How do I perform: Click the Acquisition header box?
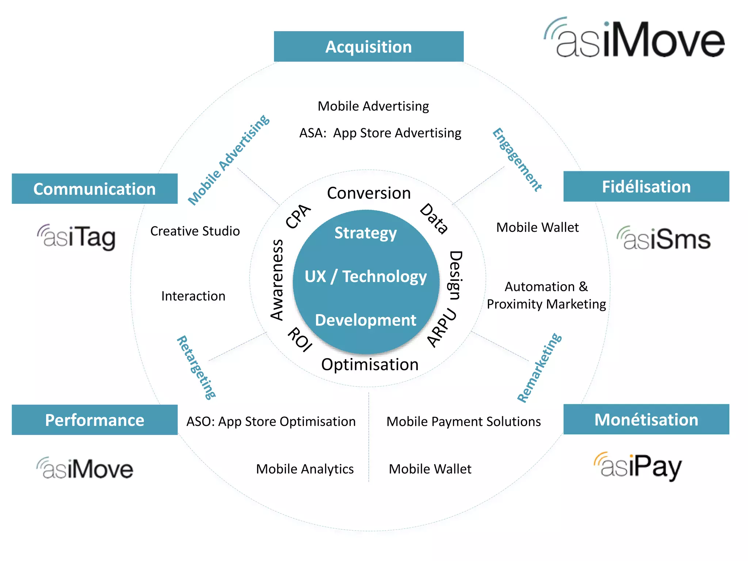[x=369, y=47]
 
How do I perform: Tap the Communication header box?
[x=95, y=189]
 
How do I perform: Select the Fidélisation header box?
[x=646, y=187]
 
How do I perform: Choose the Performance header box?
[x=95, y=420]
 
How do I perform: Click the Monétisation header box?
[x=646, y=420]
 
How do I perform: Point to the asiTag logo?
[x=77, y=237]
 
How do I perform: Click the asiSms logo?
[x=664, y=239]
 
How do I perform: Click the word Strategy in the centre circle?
[x=366, y=233]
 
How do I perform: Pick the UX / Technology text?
[x=366, y=276]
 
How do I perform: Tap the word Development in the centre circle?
[x=366, y=320]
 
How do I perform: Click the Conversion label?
[x=369, y=193]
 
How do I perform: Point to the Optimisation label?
[x=370, y=365]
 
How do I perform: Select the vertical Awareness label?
[x=277, y=280]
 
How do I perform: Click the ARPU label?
[x=442, y=328]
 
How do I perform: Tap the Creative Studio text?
[x=195, y=231]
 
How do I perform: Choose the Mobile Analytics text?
[x=305, y=469]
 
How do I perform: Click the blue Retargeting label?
[x=196, y=367]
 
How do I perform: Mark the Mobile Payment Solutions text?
[x=463, y=422]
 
